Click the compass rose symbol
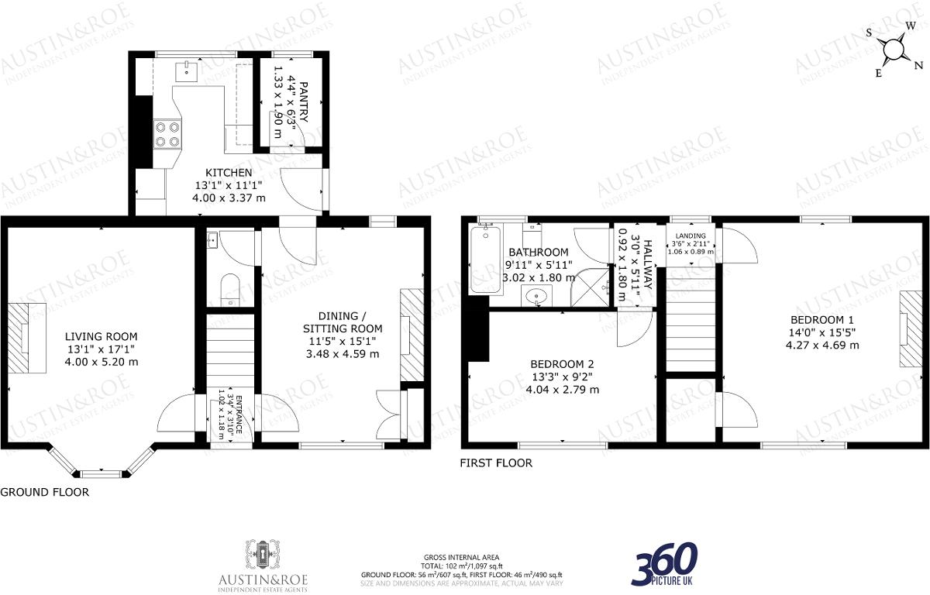tap(894, 50)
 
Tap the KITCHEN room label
tap(228, 172)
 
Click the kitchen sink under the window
tap(186, 71)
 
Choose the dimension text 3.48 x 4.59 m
tap(343, 354)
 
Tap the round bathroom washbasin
tap(537, 294)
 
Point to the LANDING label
tap(690, 236)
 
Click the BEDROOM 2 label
tap(562, 364)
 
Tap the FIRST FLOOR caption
tap(496, 463)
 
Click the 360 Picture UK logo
tap(664, 563)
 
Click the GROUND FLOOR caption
tap(44, 492)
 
